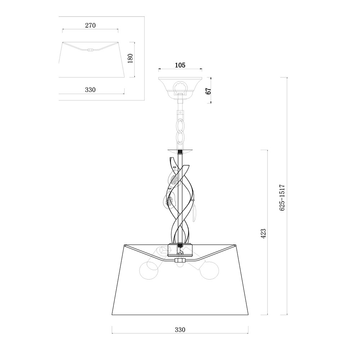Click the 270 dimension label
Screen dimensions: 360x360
[90, 25]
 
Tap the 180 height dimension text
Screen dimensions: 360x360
[130, 59]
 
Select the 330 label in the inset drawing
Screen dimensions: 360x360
[90, 90]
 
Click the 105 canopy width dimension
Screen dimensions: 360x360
[180, 65]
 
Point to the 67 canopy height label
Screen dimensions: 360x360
[208, 91]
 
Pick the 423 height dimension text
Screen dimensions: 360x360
[264, 234]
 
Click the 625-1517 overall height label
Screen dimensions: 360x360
[282, 197]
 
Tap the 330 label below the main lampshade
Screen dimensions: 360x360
[180, 330]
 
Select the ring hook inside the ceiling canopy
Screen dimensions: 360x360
[180, 88]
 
